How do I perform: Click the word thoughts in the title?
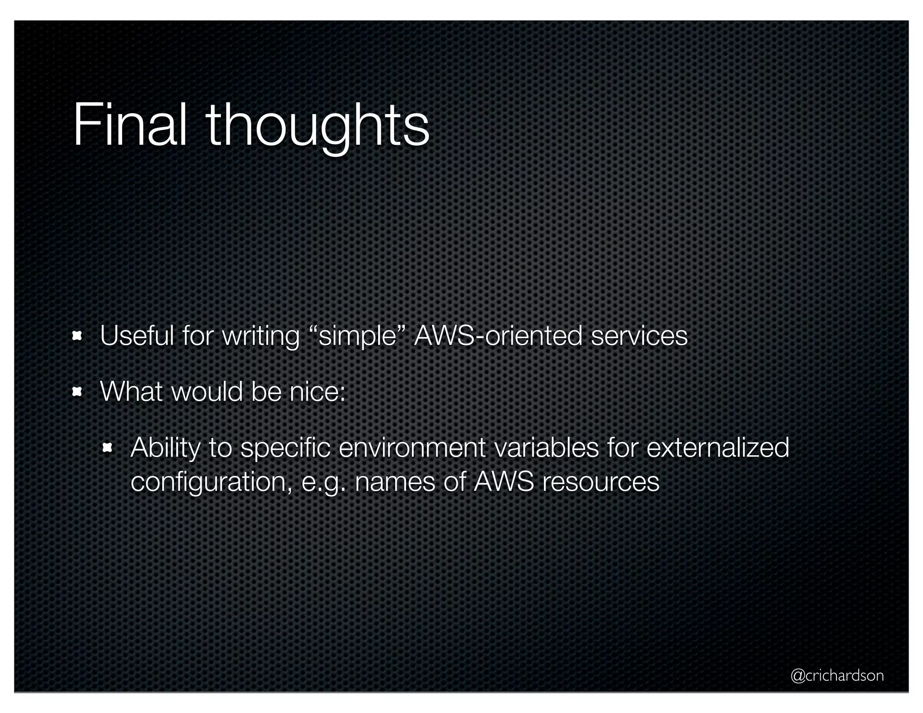[318, 126]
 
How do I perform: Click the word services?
[639, 336]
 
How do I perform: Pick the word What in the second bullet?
[131, 391]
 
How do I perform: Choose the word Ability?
[165, 448]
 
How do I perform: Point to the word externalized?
[717, 448]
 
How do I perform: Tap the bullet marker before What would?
[77, 392]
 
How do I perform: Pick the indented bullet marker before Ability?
[107, 448]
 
